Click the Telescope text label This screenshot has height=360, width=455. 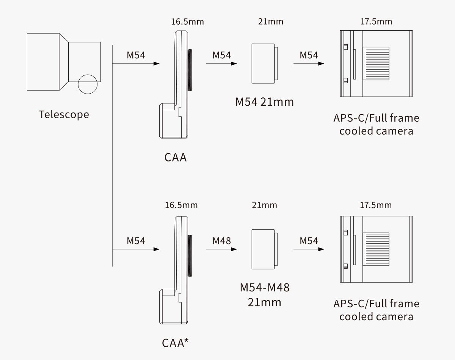point(64,114)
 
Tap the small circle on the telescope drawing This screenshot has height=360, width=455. point(88,84)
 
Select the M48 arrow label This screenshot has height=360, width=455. point(221,241)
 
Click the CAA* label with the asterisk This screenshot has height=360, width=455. point(176,343)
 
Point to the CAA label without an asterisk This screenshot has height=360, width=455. point(176,157)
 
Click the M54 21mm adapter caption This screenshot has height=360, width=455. point(264,102)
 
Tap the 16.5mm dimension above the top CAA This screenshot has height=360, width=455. point(187,22)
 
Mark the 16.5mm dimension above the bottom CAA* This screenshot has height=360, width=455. point(181,205)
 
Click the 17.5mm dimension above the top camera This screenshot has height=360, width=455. point(376,22)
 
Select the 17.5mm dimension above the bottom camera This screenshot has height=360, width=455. point(376,205)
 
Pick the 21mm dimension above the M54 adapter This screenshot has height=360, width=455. point(270,22)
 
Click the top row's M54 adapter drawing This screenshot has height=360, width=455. point(264,63)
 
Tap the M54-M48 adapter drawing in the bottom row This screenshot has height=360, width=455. point(264,249)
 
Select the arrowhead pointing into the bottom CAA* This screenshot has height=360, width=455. point(156,249)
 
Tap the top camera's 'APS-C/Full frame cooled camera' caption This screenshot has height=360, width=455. point(376,124)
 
